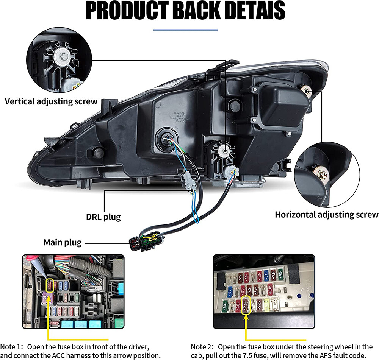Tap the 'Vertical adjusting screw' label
click(51, 101)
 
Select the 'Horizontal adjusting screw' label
click(327, 214)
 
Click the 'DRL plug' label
click(103, 217)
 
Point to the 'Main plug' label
click(63, 242)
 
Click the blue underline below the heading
click(186, 30)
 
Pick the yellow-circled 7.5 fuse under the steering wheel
click(246, 305)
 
